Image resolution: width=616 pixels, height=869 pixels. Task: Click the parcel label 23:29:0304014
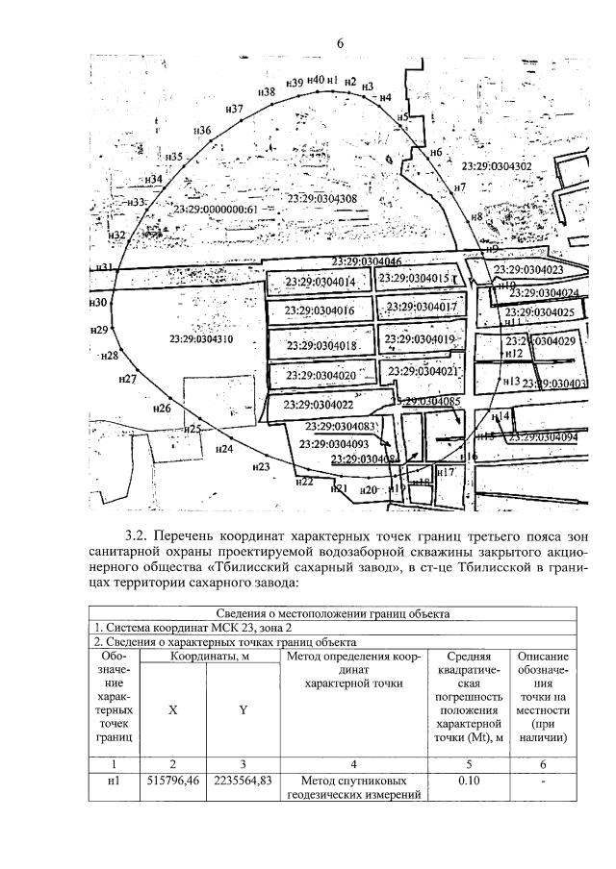tap(321, 282)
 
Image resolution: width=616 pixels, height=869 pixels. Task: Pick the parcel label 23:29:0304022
tap(320, 405)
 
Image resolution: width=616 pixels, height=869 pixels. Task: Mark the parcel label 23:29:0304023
tap(528, 270)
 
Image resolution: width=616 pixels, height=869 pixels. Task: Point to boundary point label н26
tap(162, 409)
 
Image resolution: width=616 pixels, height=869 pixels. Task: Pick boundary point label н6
tap(436, 153)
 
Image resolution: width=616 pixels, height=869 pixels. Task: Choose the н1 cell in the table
tap(114, 782)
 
